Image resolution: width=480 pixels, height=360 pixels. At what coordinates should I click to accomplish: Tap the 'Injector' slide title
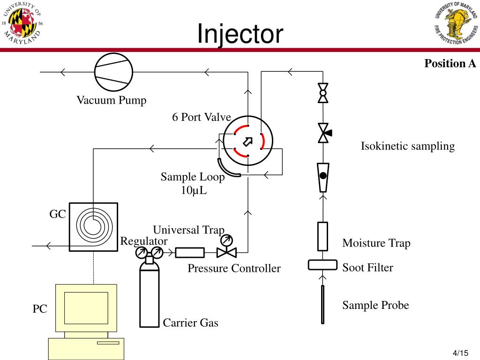pyautogui.click(x=240, y=34)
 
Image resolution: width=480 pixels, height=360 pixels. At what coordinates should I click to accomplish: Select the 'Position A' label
pyautogui.click(x=450, y=63)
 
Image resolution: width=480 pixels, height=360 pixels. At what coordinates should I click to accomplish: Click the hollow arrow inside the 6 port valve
pyautogui.click(x=247, y=142)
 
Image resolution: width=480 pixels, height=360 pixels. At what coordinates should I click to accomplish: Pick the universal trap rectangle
pyautogui.click(x=190, y=253)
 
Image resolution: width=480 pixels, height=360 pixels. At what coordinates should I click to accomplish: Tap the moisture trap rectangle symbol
pyautogui.click(x=322, y=237)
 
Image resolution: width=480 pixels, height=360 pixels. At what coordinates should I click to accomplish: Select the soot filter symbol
pyautogui.click(x=322, y=265)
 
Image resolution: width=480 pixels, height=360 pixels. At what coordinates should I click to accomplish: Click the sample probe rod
pyautogui.click(x=322, y=304)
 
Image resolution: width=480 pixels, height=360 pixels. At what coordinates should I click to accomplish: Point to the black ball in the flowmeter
pyautogui.click(x=323, y=176)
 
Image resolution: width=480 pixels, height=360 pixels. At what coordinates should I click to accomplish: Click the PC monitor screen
pyautogui.click(x=86, y=308)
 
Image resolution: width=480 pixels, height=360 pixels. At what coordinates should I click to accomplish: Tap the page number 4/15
pyautogui.click(x=460, y=353)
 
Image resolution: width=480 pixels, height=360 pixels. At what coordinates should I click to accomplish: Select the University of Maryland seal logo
pyautogui.click(x=22, y=22)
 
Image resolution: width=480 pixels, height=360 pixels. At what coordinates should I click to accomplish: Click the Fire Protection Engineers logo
pyautogui.click(x=457, y=22)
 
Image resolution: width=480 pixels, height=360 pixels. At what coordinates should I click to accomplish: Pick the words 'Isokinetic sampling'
pyautogui.click(x=408, y=146)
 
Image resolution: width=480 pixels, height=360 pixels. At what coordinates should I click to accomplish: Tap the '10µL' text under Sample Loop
pyautogui.click(x=194, y=190)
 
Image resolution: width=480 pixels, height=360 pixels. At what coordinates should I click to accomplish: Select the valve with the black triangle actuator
pyautogui.click(x=324, y=133)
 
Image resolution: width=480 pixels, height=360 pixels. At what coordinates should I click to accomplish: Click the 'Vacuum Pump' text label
pyautogui.click(x=112, y=100)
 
